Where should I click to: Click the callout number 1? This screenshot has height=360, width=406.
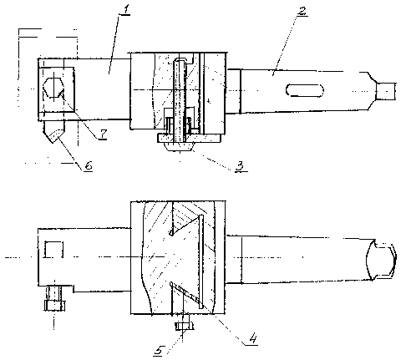(125, 9)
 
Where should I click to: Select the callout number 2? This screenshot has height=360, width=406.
(302, 11)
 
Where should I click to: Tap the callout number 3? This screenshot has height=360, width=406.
(240, 166)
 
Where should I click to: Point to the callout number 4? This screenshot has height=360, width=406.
(252, 339)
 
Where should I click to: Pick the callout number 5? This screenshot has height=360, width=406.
(159, 350)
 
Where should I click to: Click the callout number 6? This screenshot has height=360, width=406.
(89, 165)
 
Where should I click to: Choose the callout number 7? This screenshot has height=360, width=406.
(103, 134)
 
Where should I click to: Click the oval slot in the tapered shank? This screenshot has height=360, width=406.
(305, 90)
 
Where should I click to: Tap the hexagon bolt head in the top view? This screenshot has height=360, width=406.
(53, 88)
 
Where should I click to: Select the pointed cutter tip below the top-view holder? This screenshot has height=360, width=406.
(54, 132)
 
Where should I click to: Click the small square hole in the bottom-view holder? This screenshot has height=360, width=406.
(53, 249)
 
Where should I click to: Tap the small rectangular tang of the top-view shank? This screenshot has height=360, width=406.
(386, 91)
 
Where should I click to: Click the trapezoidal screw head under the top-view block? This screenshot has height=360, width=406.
(180, 147)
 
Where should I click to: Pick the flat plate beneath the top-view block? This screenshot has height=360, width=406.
(189, 139)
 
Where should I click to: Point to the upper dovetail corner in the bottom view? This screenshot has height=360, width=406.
(171, 233)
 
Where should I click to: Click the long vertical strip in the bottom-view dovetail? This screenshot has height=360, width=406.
(201, 261)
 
